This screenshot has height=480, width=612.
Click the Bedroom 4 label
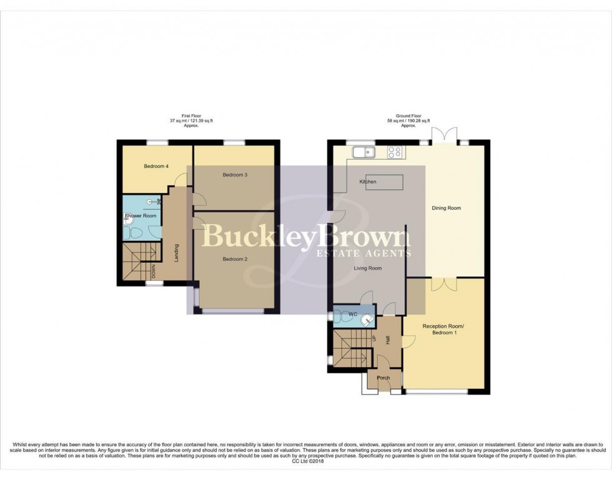(156, 166)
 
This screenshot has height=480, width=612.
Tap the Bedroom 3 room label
(235, 175)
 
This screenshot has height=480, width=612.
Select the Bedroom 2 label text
(235, 258)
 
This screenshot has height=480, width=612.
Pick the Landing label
(177, 252)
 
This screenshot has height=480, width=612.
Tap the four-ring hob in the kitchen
(394, 151)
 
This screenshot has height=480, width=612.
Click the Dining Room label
(446, 208)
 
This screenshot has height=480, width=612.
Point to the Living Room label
(368, 268)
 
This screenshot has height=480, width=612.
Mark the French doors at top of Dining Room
(447, 135)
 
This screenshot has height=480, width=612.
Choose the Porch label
(383, 378)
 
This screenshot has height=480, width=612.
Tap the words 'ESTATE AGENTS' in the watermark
(364, 253)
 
